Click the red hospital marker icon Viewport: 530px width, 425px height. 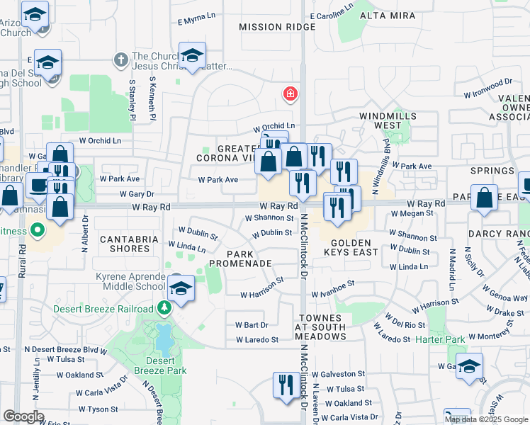click(289, 93)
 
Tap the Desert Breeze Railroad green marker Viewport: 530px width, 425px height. click(165, 307)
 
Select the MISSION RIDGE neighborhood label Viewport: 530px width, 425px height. click(277, 27)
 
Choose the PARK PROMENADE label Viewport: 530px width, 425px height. click(249, 258)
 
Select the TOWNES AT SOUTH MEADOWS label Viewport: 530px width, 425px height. click(322, 327)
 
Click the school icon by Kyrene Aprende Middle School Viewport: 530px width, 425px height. click(181, 288)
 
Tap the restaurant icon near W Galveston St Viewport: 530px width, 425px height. click(286, 385)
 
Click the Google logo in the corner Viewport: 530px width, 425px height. click(23, 416)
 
